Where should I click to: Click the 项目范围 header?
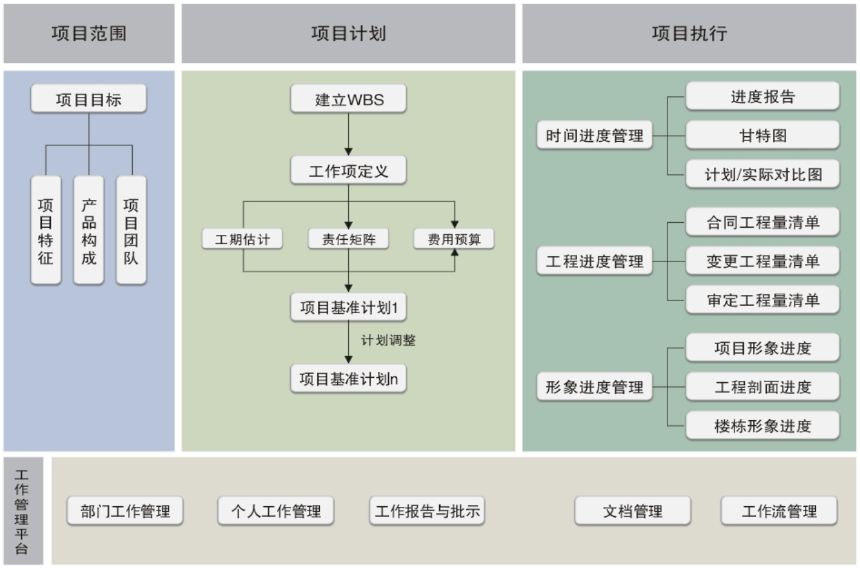89,33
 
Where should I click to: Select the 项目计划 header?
348,33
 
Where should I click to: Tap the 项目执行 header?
689,33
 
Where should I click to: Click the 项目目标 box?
89,99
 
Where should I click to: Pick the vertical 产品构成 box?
89,231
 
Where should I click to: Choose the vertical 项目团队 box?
131,231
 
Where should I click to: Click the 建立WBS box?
348,99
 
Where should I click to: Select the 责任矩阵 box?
348,239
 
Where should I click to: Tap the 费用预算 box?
454,239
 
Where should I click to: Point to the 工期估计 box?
243,239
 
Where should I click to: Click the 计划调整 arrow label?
388,340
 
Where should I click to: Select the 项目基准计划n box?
348,379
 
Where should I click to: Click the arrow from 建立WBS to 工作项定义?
348,134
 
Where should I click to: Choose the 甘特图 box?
762,136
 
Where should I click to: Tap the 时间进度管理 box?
594,136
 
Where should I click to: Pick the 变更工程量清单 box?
762,262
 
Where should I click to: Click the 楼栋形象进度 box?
762,426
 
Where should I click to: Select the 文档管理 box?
632,511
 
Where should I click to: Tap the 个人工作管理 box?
276,511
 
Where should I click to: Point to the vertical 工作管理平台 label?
22,512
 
